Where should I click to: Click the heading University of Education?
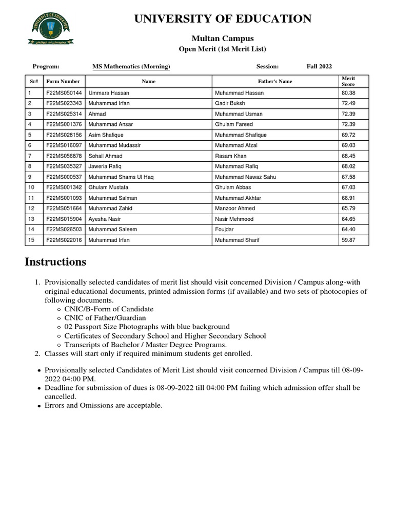pyautogui.click(x=223, y=19)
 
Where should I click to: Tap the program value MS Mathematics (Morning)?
pyautogui.click(x=131, y=67)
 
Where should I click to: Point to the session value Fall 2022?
pyautogui.click(x=319, y=67)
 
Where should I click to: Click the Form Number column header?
pyautogui.click(x=63, y=82)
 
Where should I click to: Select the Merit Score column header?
pyautogui.click(x=348, y=81)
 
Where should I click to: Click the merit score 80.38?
pyautogui.click(x=348, y=93)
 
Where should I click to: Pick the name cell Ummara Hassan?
pyautogui.click(x=109, y=93)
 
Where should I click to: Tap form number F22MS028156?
pyautogui.click(x=64, y=135)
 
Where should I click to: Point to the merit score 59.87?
pyautogui.click(x=348, y=240)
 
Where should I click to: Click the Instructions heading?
pyautogui.click(x=55, y=262)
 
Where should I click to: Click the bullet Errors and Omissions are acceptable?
pyautogui.click(x=103, y=406)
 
